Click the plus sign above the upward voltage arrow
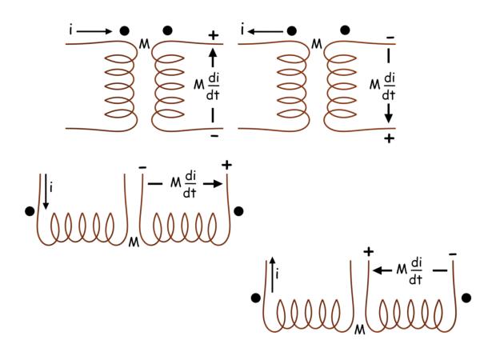(214, 35)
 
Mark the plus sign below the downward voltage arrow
(390, 138)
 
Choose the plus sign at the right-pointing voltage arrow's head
(227, 165)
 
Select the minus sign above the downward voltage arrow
(389, 37)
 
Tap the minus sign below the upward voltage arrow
(214, 136)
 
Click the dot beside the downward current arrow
(30, 211)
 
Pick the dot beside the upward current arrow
(255, 298)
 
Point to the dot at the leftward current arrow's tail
(292, 30)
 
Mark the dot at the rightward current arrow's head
(125, 30)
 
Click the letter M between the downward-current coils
(133, 240)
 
